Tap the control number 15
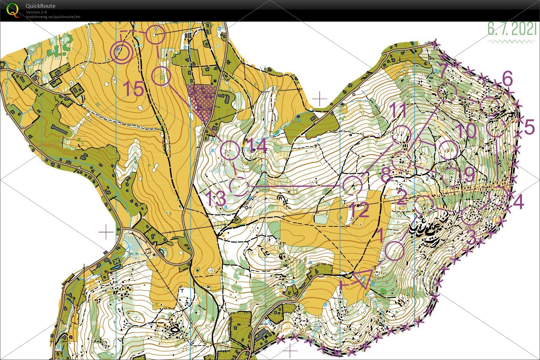pyautogui.click(x=134, y=89)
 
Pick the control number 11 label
pyautogui.click(x=398, y=111)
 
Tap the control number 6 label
pyautogui.click(x=507, y=79)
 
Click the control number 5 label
pyautogui.click(x=529, y=127)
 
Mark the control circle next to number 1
pyautogui.click(x=394, y=251)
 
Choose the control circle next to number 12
pyautogui.click(x=352, y=185)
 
